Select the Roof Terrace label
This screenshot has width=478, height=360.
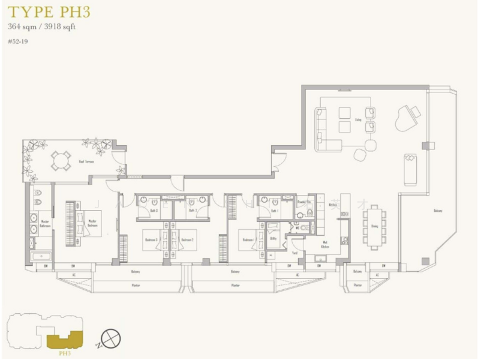[x=86, y=161]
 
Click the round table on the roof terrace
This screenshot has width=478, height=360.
[x=61, y=160]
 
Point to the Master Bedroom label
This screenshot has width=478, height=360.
[x=92, y=223]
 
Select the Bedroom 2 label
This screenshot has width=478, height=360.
[x=188, y=239]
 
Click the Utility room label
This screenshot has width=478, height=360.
[x=273, y=238]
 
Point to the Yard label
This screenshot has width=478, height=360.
[x=294, y=253]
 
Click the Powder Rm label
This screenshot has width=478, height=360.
[x=303, y=202]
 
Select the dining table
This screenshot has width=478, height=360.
[x=374, y=226]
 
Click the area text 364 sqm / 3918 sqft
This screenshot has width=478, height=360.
[x=41, y=26]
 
